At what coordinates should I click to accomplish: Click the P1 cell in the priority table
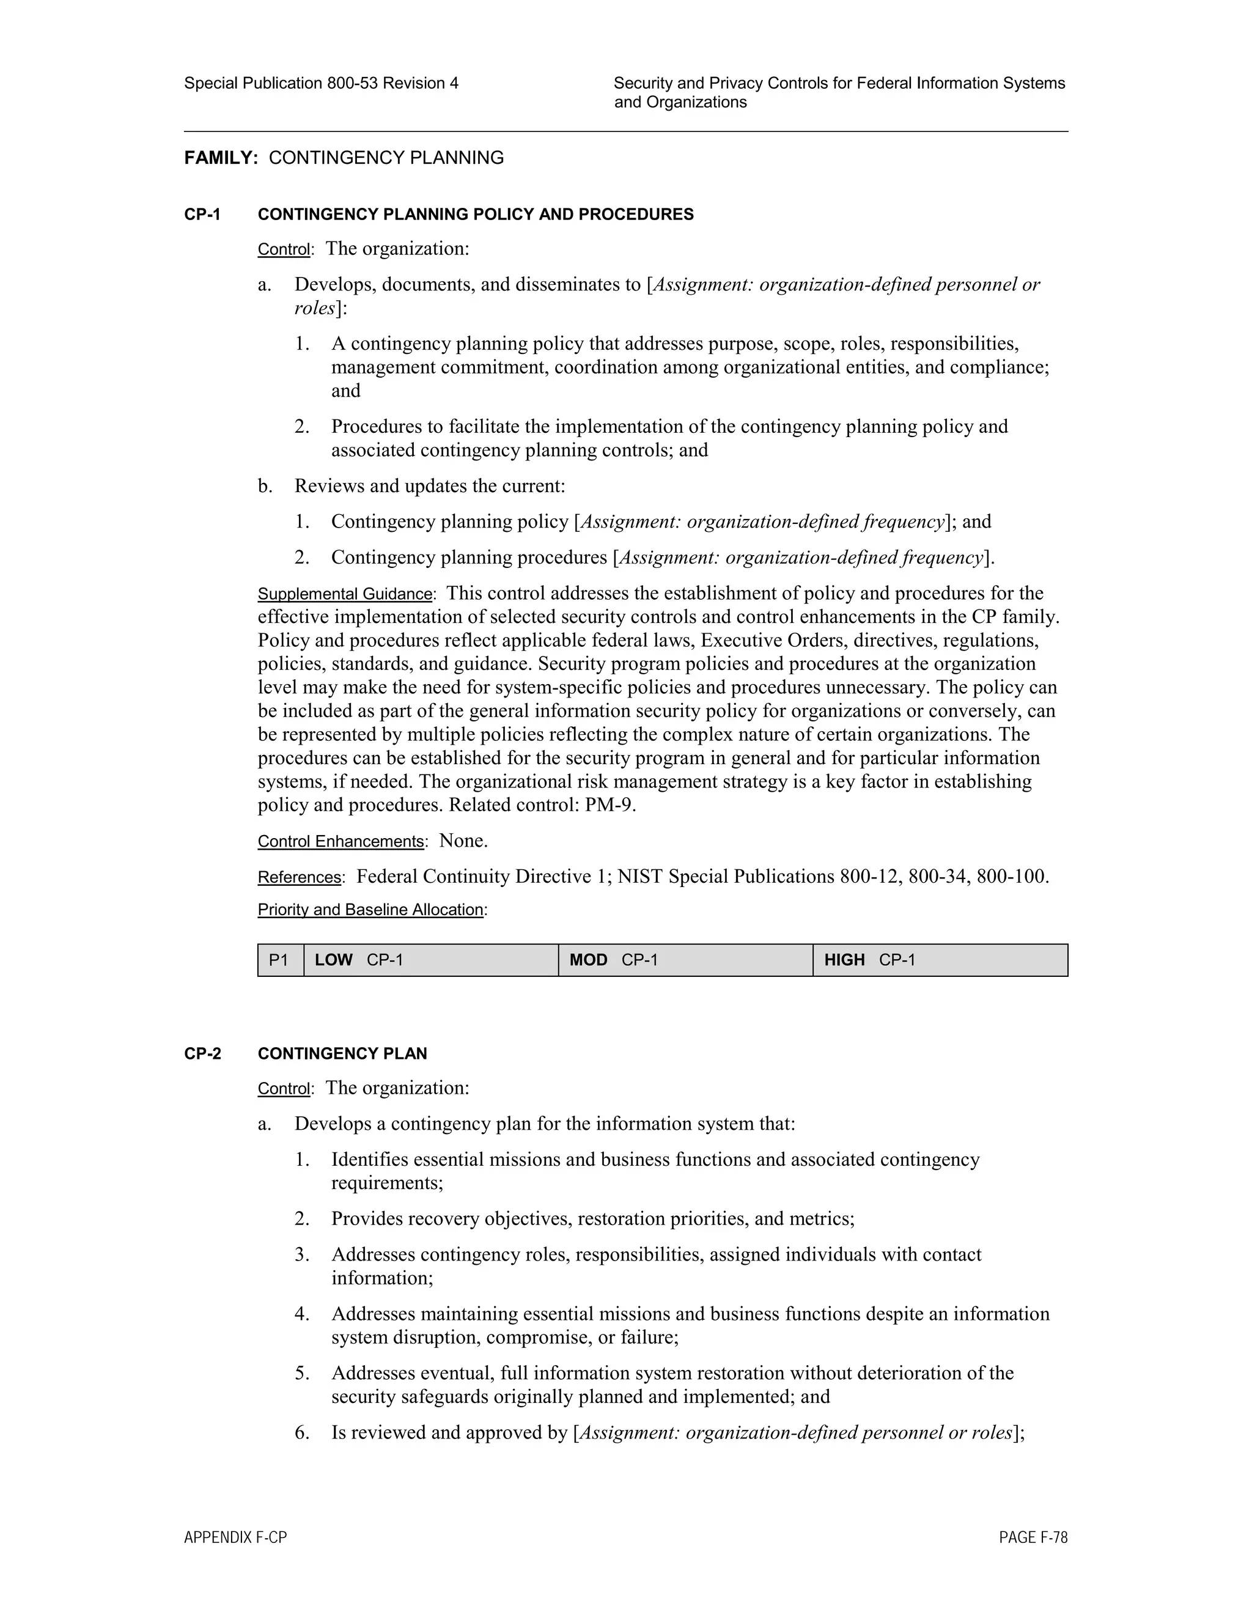279,960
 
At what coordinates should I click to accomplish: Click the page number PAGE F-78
1033,1537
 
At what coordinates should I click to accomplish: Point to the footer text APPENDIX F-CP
235,1537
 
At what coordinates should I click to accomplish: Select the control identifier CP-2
202,1054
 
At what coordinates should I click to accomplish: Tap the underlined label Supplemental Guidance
345,594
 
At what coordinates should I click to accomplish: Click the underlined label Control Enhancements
341,842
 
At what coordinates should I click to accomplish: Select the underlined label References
299,877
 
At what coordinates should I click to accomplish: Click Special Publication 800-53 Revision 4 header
321,83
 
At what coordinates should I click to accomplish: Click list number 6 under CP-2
301,1432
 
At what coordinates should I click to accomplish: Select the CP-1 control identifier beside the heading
202,215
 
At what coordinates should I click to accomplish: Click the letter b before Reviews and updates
265,487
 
